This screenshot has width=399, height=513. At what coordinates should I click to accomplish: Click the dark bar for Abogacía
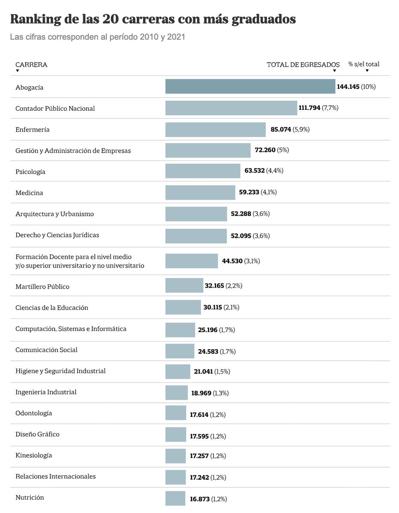[x=250, y=86]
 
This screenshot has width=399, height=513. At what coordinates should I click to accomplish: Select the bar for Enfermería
[x=215, y=130]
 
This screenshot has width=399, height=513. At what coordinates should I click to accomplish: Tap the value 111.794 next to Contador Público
[x=309, y=108]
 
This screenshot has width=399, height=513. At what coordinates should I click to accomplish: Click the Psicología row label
[x=30, y=172]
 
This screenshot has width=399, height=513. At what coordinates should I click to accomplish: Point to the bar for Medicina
[x=200, y=192]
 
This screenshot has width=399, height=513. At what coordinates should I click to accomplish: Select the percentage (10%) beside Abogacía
[x=368, y=87]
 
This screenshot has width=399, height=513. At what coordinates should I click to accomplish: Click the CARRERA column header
[x=31, y=65]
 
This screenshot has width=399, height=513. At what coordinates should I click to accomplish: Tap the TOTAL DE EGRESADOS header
[x=303, y=65]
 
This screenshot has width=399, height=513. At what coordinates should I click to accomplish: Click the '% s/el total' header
[x=364, y=64]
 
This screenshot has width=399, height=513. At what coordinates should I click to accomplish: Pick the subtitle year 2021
[x=176, y=37]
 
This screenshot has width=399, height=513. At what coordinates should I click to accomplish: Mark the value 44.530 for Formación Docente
[x=232, y=261]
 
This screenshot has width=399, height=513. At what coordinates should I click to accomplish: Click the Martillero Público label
[x=42, y=286]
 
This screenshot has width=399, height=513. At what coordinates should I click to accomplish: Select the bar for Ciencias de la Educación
[x=183, y=307]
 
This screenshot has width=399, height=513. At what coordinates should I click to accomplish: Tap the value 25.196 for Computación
[x=208, y=330]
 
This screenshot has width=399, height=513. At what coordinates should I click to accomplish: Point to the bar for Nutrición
[x=175, y=498]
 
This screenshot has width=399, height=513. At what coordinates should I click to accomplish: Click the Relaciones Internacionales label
[x=56, y=476]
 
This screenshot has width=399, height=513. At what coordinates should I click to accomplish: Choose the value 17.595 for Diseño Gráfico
[x=199, y=436]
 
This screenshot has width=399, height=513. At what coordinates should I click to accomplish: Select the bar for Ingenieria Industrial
[x=176, y=392]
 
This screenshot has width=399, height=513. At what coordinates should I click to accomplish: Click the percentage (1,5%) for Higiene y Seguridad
[x=222, y=372]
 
